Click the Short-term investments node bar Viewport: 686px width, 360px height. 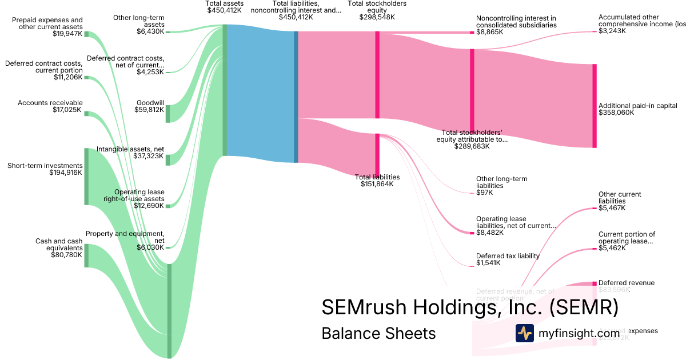click(86, 177)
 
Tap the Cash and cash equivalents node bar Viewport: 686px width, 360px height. click(86, 255)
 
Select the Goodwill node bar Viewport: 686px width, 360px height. click(167, 114)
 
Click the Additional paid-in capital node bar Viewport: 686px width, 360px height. click(595, 106)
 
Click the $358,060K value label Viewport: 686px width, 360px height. click(612, 113)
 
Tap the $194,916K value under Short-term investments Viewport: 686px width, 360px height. click(65, 173)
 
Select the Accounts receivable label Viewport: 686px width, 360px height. click(50, 103)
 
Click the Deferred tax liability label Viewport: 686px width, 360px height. click(508, 256)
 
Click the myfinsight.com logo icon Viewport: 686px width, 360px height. click(524, 333)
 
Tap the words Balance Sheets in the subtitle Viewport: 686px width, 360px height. click(378, 333)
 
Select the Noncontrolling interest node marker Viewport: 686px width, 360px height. click(472, 33)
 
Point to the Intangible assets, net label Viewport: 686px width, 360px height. click(130, 149)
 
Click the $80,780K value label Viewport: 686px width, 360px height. click(67, 255)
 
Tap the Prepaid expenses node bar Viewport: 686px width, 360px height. click(86, 34)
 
